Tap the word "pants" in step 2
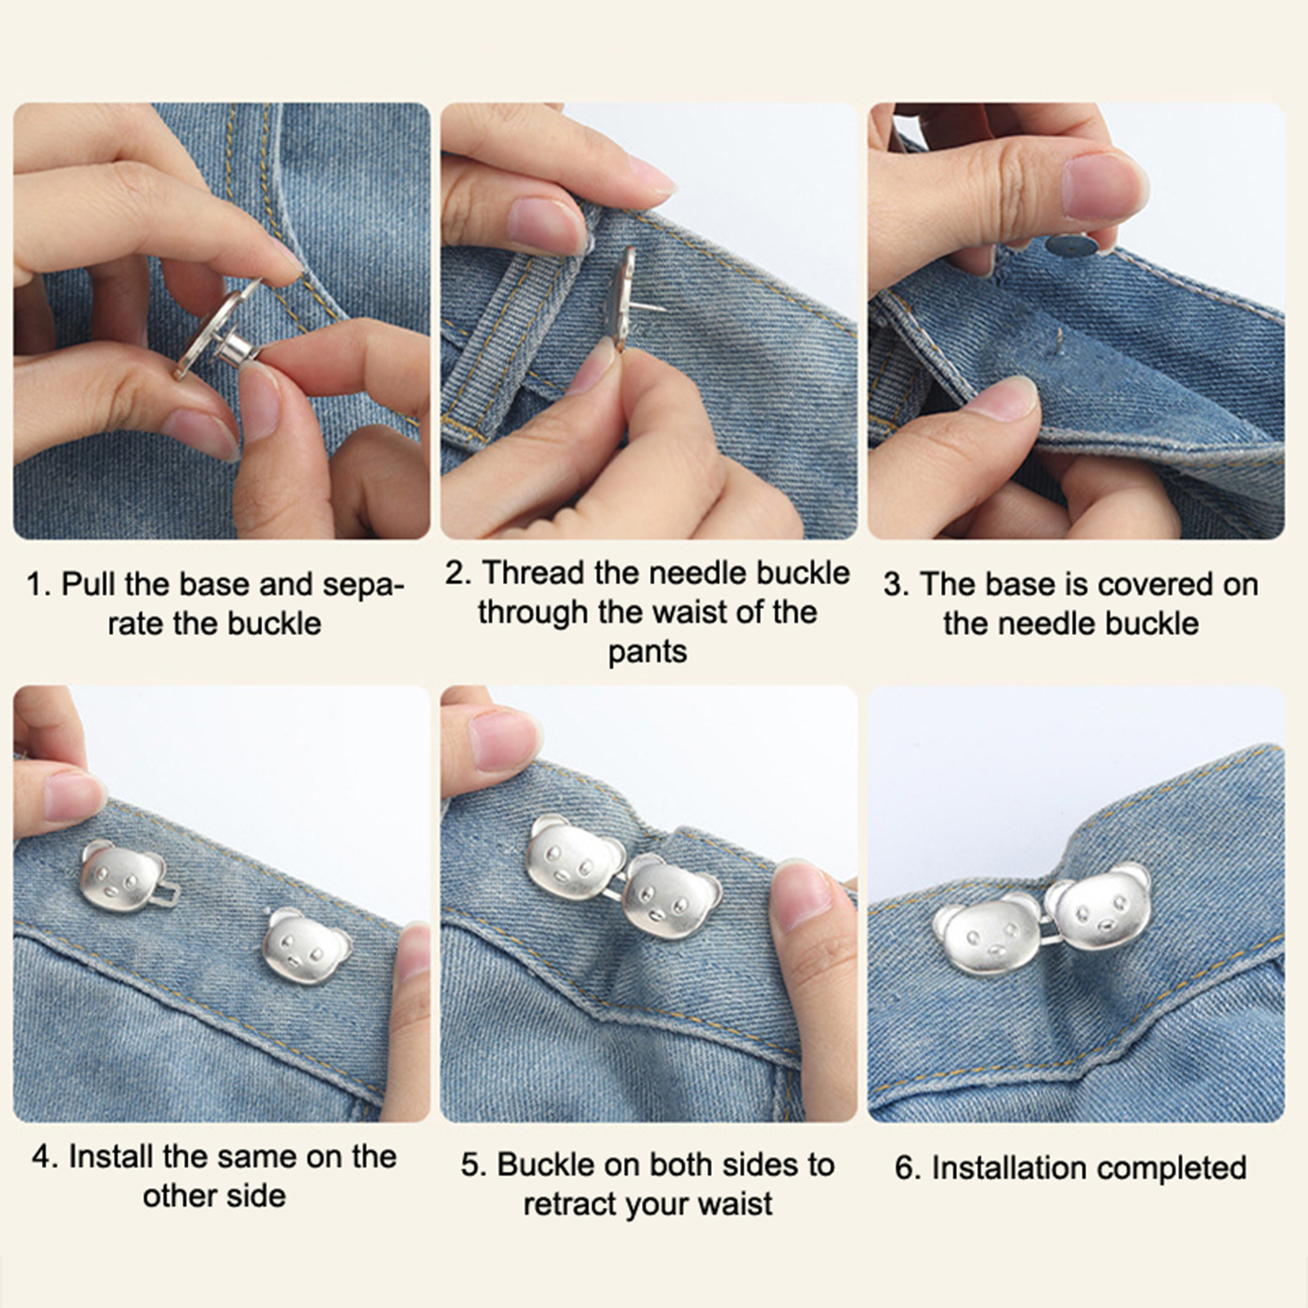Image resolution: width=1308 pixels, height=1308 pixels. coord(647,653)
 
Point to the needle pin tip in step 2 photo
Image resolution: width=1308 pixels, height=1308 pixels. coord(664,309)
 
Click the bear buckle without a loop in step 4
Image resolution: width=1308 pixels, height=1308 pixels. coord(306,945)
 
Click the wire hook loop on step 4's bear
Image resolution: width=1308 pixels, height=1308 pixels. coord(168,897)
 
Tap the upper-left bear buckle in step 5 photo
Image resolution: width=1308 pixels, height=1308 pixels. coord(573,857)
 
